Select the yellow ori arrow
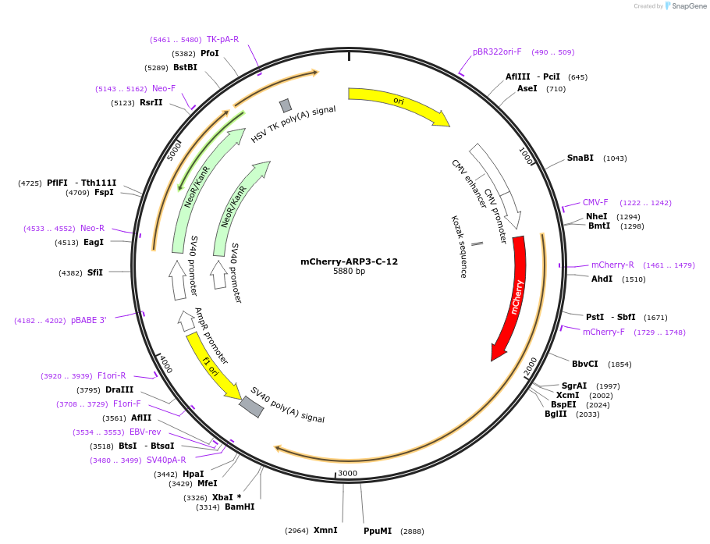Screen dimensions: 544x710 pos(398,102)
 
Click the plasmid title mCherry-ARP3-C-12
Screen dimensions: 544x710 pos(349,261)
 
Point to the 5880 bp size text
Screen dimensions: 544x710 pos(349,272)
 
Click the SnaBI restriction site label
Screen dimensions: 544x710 pos(580,158)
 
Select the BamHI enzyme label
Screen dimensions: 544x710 pos(240,507)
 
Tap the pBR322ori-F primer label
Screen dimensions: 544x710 pos(497,52)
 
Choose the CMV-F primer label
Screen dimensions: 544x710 pos(595,203)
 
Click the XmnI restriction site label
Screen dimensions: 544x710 pos(325,531)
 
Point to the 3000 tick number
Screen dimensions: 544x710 pos(347,474)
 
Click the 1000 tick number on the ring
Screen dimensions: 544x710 pos(526,156)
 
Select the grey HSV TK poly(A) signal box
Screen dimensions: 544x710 pos(286,105)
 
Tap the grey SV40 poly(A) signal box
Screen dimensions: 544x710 pos(251,407)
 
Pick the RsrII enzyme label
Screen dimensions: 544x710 pos(151,103)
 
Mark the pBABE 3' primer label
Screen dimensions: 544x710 pos(88,321)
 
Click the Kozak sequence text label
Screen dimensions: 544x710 pos(459,247)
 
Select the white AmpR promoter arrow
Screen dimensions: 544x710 pos(186,320)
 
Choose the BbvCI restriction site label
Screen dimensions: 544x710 pos(585,364)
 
